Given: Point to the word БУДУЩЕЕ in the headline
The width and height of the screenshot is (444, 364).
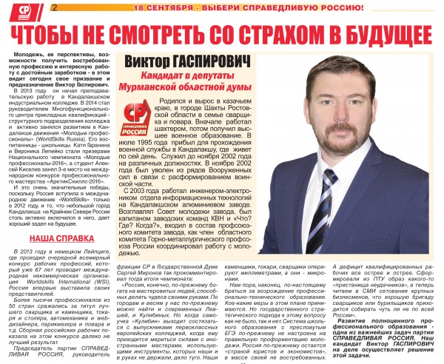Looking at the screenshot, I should (x=377, y=33).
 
